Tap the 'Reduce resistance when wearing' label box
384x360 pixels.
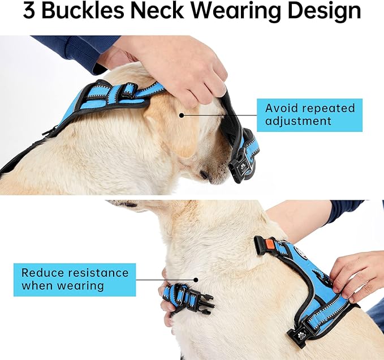[x=75, y=279]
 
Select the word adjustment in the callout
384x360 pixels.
[x=298, y=121]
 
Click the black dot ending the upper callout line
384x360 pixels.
[x=182, y=115]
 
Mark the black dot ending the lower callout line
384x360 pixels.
[x=196, y=278]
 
